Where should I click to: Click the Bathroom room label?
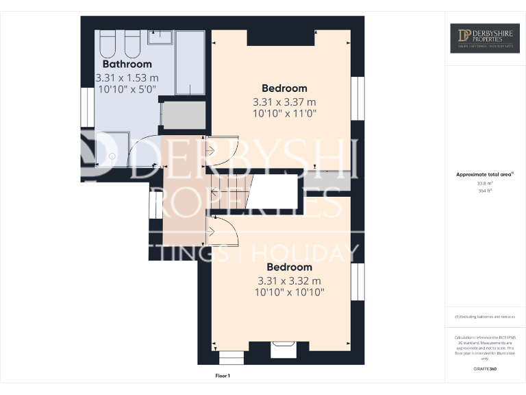[x=127, y=64]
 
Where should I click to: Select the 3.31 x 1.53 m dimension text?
[x=127, y=77]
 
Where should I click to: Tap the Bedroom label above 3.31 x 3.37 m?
[x=284, y=88]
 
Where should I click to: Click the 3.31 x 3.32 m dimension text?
[x=289, y=280]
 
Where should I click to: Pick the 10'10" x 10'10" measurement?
[x=289, y=292]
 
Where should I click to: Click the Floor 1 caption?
[x=223, y=376]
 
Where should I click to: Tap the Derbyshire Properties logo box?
[x=484, y=38]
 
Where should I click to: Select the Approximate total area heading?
[x=484, y=175]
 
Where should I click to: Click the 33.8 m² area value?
[x=484, y=183]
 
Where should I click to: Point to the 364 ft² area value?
[x=484, y=191]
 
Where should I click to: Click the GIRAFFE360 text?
[x=484, y=369]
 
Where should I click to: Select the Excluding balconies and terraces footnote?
[x=484, y=317]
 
